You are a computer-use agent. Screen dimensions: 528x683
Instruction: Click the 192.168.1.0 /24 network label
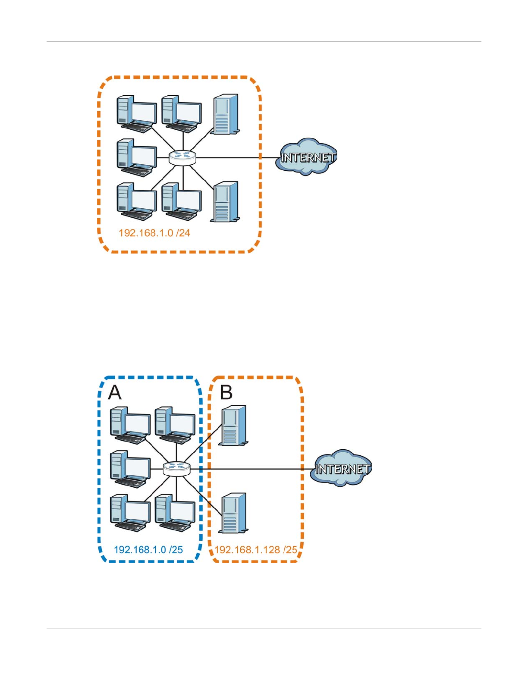(x=154, y=233)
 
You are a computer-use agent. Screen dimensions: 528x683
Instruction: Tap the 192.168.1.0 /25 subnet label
(x=148, y=550)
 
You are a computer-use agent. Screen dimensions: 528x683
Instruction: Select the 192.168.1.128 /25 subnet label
(x=256, y=550)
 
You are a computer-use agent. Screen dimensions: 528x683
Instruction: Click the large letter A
(x=115, y=393)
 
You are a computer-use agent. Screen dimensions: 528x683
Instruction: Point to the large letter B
(x=226, y=392)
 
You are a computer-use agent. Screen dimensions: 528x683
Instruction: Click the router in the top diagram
(x=182, y=157)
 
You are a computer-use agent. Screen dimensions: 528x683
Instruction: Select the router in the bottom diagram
(x=177, y=469)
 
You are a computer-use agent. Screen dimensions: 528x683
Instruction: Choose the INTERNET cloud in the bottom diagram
(x=341, y=468)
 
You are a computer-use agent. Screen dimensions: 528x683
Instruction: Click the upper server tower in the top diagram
(x=225, y=114)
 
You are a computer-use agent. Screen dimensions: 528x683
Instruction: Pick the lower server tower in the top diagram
(x=225, y=202)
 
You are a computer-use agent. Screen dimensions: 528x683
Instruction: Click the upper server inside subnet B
(x=233, y=426)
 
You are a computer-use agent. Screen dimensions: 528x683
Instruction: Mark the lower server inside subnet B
(x=233, y=513)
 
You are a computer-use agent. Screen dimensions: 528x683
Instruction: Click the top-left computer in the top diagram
(x=137, y=114)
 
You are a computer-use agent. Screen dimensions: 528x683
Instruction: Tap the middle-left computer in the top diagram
(x=137, y=158)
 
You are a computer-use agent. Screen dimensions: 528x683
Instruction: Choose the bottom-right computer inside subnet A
(x=175, y=513)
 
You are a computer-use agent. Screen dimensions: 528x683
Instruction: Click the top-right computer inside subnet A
(x=175, y=426)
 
